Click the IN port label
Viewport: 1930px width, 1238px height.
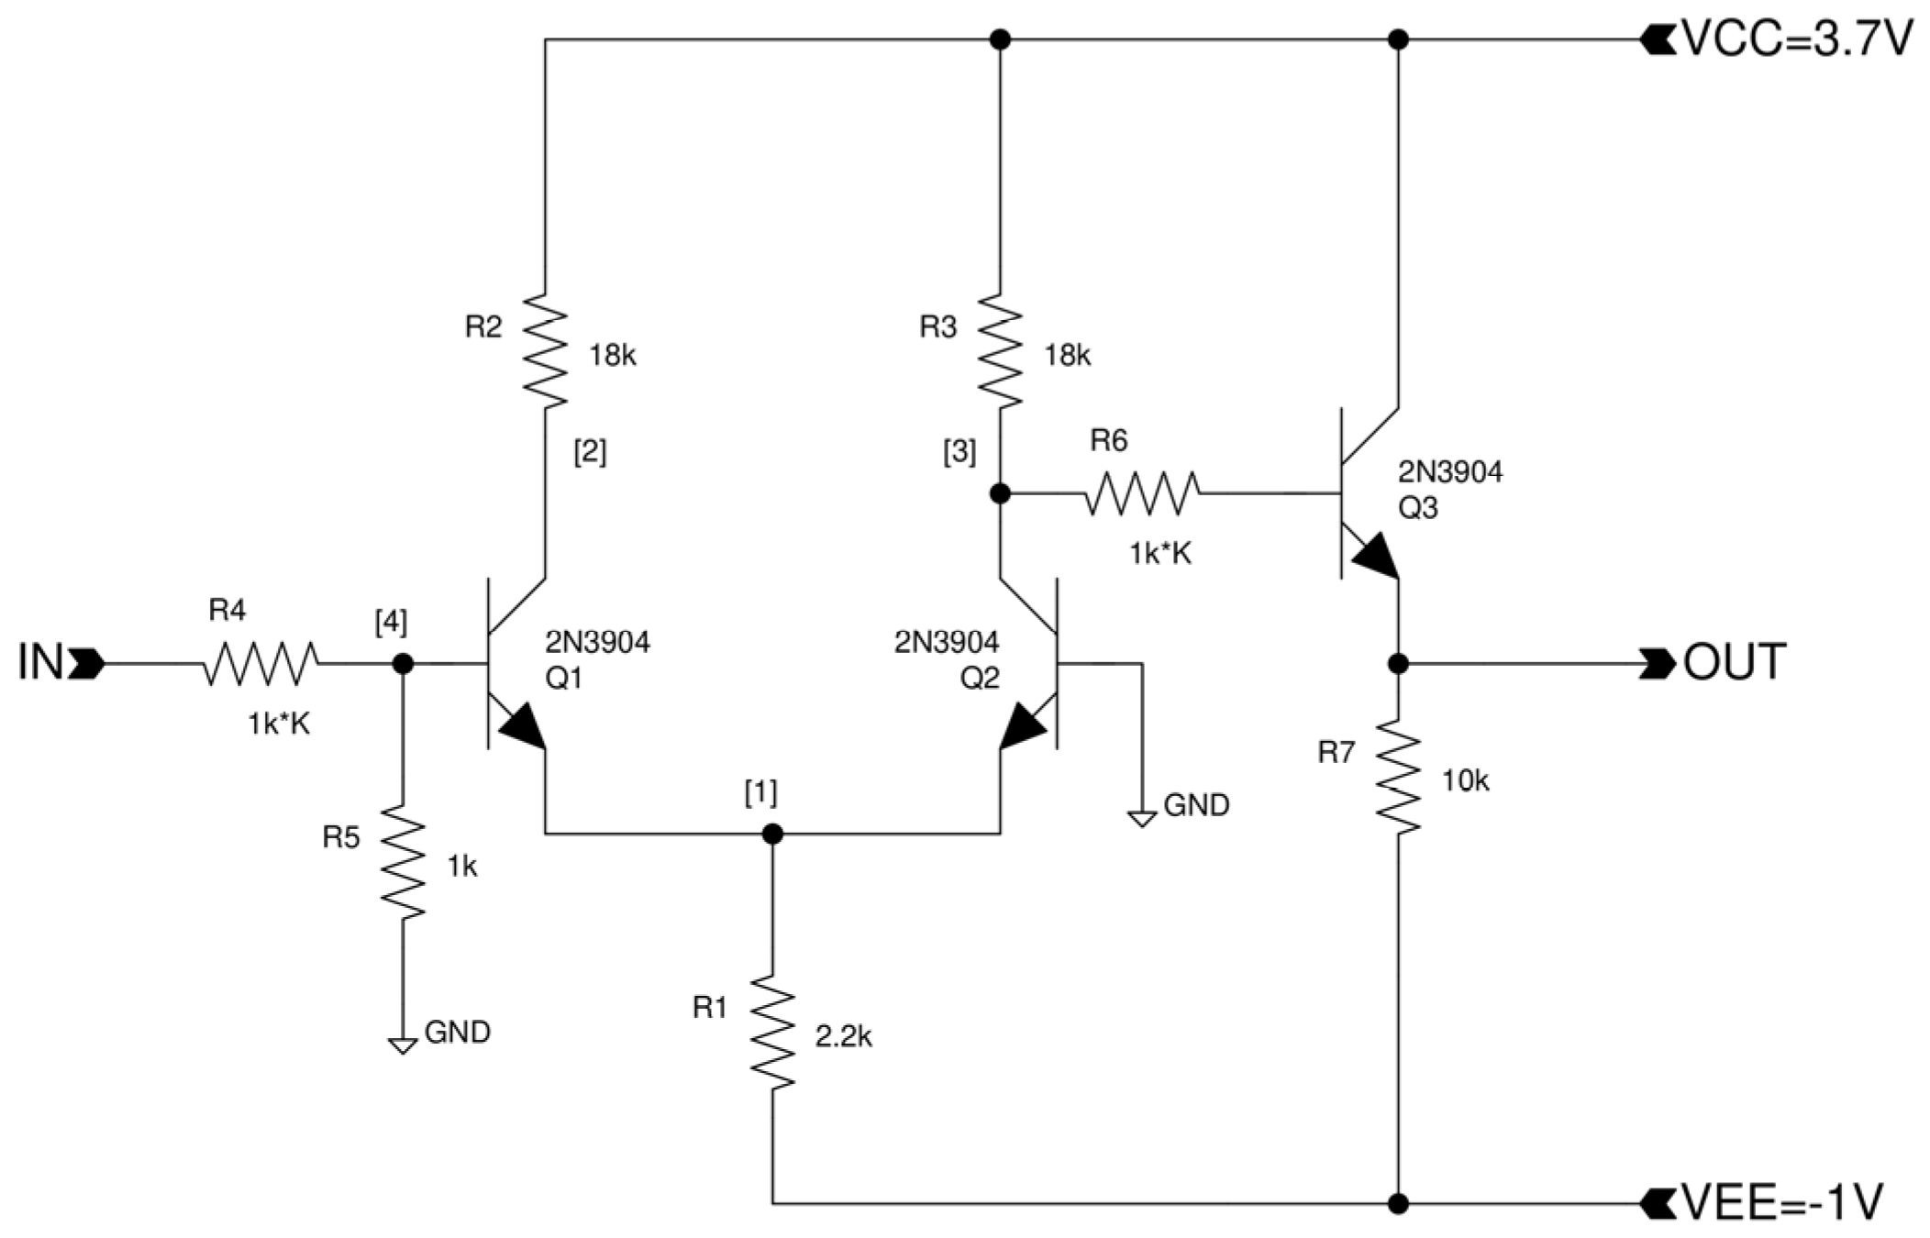(40, 662)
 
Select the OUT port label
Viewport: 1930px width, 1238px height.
(1734, 662)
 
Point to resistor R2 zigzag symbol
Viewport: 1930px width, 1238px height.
(545, 350)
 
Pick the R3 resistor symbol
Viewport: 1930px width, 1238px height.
(1000, 350)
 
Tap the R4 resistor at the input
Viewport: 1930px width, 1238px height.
(261, 663)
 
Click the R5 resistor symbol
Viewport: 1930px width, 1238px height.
(403, 862)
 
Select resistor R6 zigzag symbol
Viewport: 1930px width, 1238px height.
(1141, 493)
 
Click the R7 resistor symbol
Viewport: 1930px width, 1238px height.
(1398, 778)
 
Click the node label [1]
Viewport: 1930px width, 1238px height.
(760, 792)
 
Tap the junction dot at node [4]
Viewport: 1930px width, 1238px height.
(403, 663)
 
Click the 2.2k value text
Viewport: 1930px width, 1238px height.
(843, 1037)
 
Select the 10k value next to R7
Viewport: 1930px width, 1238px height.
(1465, 781)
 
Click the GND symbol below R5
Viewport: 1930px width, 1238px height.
(403, 1045)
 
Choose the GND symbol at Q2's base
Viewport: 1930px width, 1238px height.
(1142, 818)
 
